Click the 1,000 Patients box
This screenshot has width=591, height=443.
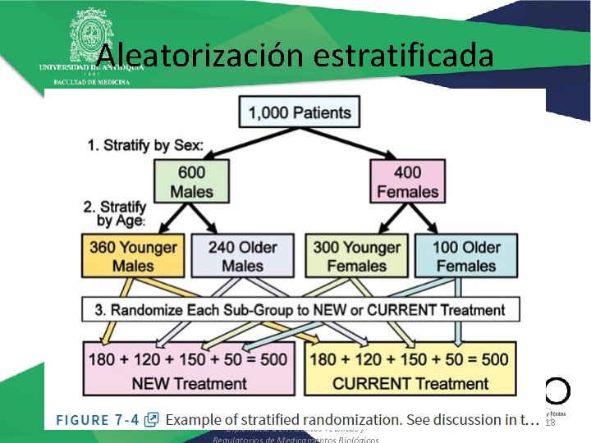pyautogui.click(x=299, y=112)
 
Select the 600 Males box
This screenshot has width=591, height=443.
pyautogui.click(x=187, y=182)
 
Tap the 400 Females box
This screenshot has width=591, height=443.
pyautogui.click(x=408, y=182)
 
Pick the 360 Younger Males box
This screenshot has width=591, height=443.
pyautogui.click(x=133, y=256)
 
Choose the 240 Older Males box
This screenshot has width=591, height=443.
pyautogui.click(x=242, y=256)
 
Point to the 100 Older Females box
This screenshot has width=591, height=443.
pyautogui.click(x=466, y=256)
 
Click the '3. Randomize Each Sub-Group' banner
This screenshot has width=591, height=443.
pyautogui.click(x=300, y=310)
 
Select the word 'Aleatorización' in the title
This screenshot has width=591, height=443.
pyautogui.click(x=200, y=56)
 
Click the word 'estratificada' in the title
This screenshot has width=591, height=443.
pyautogui.click(x=403, y=56)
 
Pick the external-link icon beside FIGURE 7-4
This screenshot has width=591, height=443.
pyautogui.click(x=151, y=419)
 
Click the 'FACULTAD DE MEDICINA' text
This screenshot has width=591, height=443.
pyautogui.click(x=91, y=82)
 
